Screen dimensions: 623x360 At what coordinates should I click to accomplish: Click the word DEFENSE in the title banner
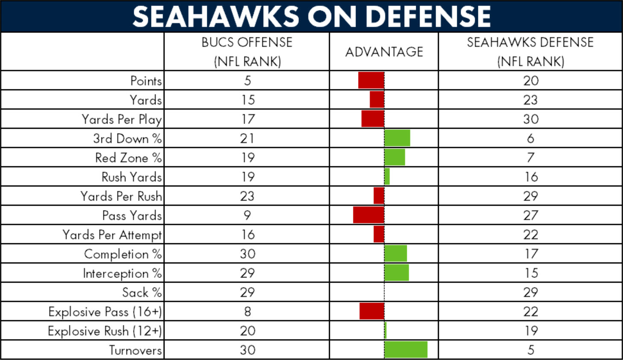(428, 16)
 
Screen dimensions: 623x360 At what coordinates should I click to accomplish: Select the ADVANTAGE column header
(384, 52)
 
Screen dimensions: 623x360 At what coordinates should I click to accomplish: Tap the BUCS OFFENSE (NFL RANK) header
(247, 52)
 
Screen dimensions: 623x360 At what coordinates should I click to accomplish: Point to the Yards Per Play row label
(121, 119)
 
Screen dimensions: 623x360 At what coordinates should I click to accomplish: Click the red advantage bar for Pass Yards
(369, 215)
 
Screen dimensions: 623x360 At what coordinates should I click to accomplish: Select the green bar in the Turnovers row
(406, 349)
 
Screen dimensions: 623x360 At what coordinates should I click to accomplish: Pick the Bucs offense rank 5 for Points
(247, 80)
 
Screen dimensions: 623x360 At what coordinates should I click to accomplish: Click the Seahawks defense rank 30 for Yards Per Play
(531, 119)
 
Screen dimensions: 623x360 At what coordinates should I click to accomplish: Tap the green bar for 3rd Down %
(397, 138)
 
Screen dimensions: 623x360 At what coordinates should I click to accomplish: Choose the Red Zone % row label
(129, 158)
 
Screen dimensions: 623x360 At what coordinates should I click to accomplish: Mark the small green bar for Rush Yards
(387, 177)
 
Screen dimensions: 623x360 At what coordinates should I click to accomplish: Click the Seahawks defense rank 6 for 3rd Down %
(531, 138)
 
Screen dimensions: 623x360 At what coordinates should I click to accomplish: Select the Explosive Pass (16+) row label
(105, 312)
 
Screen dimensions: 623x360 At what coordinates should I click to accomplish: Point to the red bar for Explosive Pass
(372, 311)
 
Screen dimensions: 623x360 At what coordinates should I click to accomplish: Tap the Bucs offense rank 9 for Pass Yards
(247, 215)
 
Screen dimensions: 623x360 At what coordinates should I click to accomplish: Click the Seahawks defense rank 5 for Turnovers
(531, 350)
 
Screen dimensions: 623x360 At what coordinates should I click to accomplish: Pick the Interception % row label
(122, 273)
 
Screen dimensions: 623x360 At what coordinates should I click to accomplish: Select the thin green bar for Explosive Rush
(385, 330)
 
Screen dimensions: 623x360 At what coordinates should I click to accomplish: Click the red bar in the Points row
(371, 80)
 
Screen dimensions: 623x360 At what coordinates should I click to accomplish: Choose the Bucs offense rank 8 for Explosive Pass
(247, 311)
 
